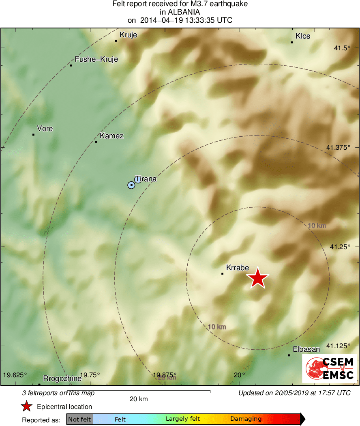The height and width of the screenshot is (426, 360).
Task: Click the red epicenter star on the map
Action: (x=257, y=278)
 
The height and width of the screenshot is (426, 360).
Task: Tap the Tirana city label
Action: (x=146, y=179)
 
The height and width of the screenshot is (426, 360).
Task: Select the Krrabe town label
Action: (x=238, y=268)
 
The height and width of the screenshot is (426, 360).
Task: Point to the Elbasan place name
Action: (x=306, y=349)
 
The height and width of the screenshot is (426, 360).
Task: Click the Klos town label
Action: (x=303, y=36)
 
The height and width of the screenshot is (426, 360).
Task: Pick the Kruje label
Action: (x=128, y=35)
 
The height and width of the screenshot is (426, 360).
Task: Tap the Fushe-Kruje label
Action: (x=96, y=59)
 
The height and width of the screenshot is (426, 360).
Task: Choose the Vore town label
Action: (x=45, y=129)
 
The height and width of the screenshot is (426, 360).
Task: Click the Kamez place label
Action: (x=111, y=136)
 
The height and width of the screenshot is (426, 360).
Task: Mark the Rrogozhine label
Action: (x=62, y=378)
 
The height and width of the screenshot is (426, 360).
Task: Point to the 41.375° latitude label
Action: (x=338, y=147)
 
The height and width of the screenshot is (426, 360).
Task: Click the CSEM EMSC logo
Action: (x=329, y=368)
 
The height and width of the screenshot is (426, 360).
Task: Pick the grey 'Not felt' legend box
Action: (x=79, y=419)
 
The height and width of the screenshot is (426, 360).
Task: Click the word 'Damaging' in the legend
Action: (x=246, y=419)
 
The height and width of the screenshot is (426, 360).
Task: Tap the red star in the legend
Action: (x=26, y=406)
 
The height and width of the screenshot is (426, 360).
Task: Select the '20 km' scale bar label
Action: (x=138, y=399)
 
